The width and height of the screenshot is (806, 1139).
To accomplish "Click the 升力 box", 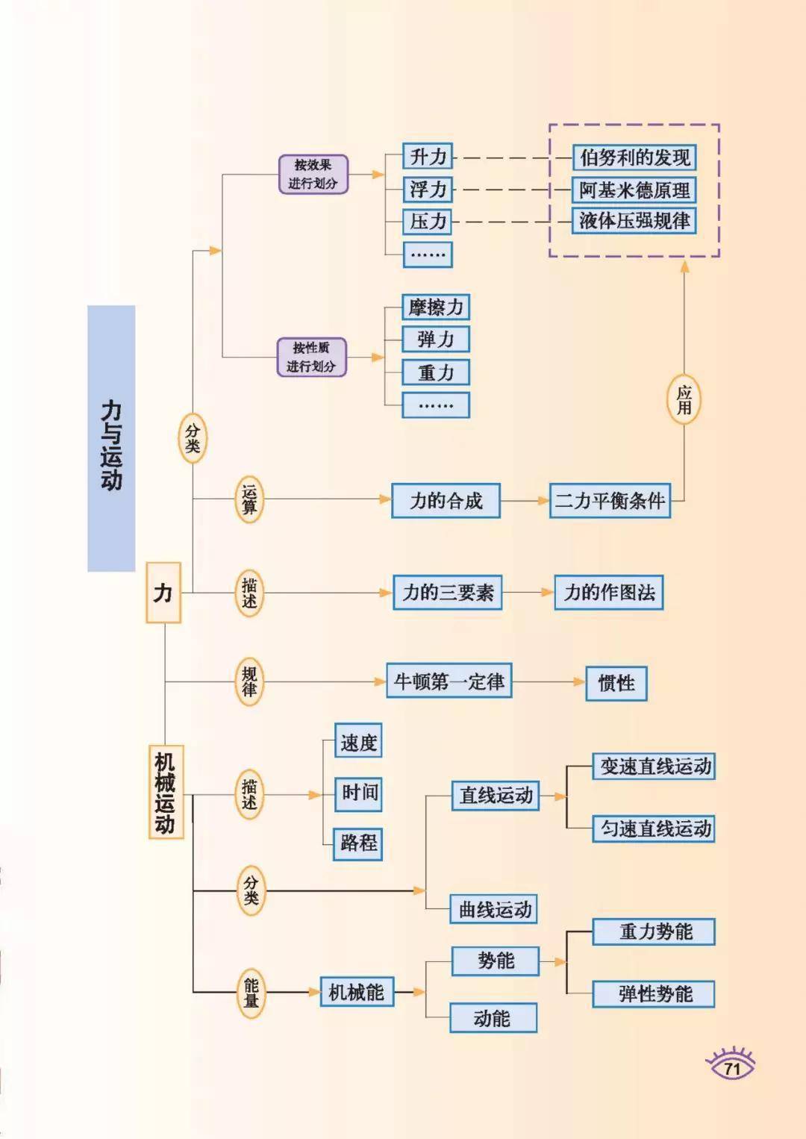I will (428, 157).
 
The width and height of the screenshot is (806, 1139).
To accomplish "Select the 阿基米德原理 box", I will (634, 190).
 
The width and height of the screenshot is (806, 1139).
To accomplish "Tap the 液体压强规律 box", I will (634, 222).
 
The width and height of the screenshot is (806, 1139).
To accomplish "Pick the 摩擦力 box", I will (436, 307).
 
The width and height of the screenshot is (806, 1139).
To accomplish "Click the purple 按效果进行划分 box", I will (313, 175).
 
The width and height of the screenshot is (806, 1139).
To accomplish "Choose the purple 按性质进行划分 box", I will (312, 358).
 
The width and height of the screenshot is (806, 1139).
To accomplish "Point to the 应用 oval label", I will (684, 399).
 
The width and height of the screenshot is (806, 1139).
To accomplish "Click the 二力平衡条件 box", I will (610, 501).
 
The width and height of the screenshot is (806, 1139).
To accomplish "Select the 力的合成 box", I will (446, 501).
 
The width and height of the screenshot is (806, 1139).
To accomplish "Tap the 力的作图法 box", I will (609, 593).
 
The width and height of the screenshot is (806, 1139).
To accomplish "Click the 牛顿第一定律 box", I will (449, 681).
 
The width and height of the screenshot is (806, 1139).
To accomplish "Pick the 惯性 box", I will (616, 683).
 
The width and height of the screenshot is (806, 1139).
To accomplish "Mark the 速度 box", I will (358, 743).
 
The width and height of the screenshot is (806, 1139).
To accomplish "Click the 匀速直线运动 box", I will (655, 828).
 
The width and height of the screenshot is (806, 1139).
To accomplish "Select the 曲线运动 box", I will (494, 909).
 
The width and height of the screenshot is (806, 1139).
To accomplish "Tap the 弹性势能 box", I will (655, 994).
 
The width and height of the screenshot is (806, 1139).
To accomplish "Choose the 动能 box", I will (493, 1018).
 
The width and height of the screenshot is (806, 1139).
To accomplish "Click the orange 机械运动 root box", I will (165, 792).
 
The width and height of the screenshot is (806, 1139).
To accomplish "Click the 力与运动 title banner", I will (111, 439).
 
